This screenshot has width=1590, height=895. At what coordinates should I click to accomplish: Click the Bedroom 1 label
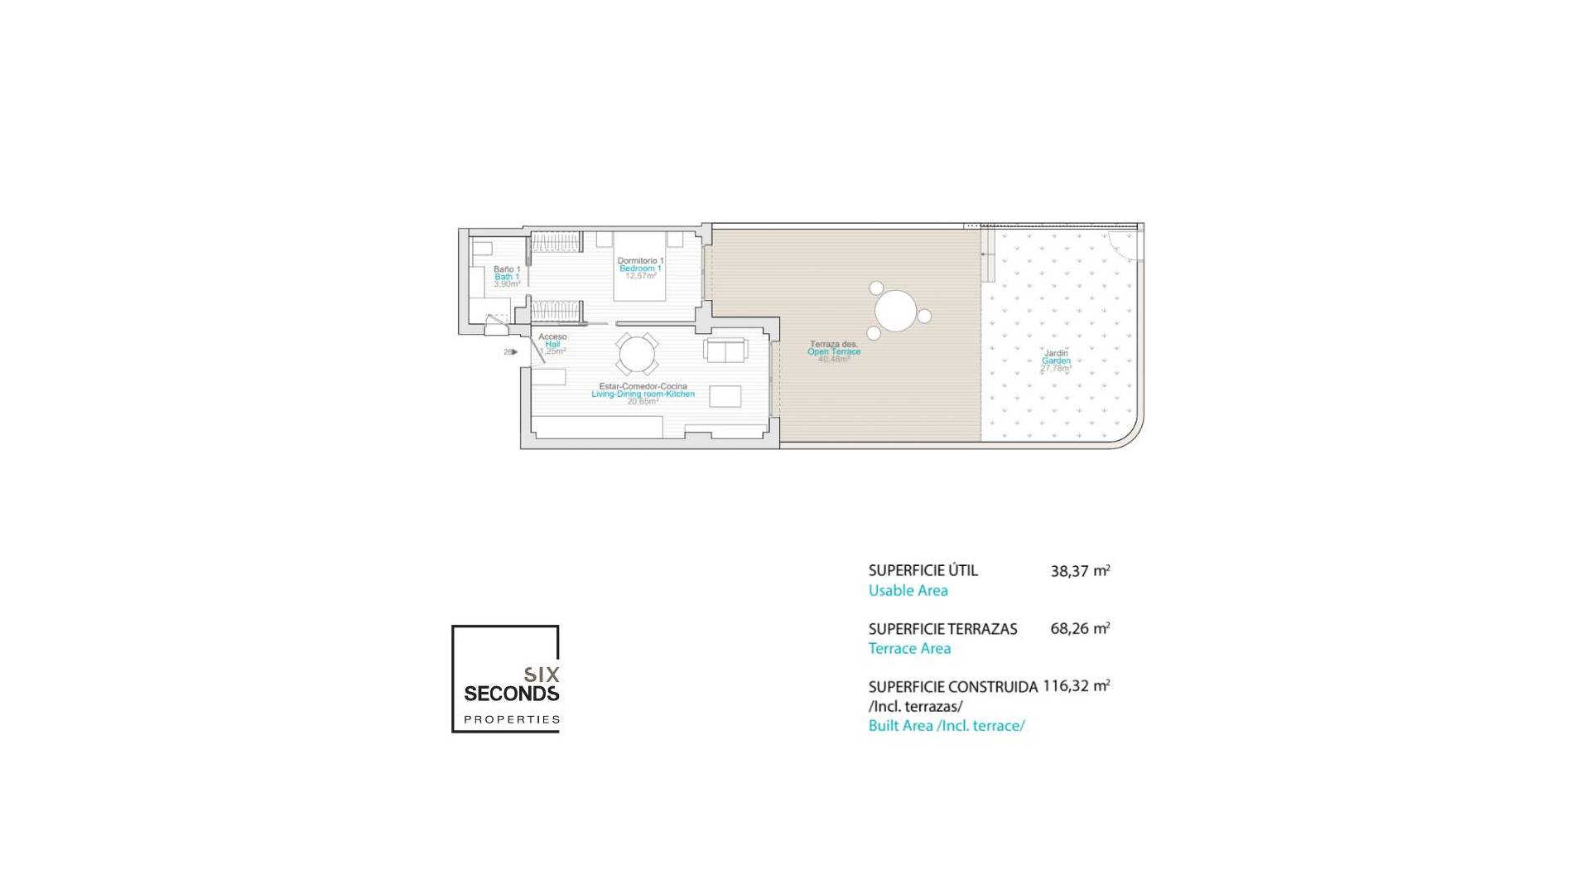[x=640, y=268]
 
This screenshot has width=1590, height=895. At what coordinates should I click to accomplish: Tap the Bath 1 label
[x=507, y=277]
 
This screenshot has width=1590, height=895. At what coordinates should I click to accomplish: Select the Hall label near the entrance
[x=552, y=344]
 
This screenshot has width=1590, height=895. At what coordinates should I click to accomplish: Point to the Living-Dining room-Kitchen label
[x=643, y=394]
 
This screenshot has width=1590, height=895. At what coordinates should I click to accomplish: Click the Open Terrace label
[x=834, y=352]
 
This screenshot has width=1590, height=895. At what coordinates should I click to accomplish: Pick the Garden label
[x=1056, y=361]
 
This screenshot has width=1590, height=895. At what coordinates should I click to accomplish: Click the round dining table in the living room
[x=636, y=355]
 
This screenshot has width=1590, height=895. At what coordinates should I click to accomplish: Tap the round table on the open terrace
[x=895, y=311]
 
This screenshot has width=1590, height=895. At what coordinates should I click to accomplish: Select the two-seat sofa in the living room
[x=725, y=351]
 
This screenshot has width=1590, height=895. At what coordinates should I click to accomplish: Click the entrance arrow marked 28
[x=511, y=352]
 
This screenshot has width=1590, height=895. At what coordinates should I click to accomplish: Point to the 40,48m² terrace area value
[x=834, y=360]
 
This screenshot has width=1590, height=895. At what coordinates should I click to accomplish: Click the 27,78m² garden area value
[x=1056, y=369]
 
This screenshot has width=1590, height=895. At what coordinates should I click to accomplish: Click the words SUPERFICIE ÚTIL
[x=923, y=571]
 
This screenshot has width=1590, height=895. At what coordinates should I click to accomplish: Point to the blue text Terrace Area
[x=909, y=649]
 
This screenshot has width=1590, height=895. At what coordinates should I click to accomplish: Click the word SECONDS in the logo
[x=511, y=693]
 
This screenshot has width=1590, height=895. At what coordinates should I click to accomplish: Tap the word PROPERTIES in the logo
[x=511, y=719]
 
